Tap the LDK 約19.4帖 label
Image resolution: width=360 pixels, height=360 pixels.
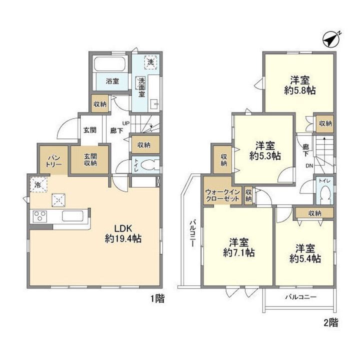coord(123,233)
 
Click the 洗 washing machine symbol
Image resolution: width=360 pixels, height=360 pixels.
coord(150,62)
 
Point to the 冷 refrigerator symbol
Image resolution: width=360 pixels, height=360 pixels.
coord(38,184)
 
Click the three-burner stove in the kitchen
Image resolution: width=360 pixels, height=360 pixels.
coord(40,216)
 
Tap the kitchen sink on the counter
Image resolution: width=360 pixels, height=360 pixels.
coord(72,216)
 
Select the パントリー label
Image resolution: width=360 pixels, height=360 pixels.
coord(54,161)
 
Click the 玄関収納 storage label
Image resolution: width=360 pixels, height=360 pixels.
coord(90,160)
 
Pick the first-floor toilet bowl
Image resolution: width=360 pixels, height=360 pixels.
coord(149,165)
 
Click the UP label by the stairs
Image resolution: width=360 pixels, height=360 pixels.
coord(126,123)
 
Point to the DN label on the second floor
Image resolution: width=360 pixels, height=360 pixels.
coord(309,166)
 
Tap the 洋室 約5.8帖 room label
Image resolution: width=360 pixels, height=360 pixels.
coord(300,85)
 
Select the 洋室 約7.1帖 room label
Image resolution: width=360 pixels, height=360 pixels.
coord(239,247)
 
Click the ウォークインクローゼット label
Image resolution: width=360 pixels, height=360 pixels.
coord(222,195)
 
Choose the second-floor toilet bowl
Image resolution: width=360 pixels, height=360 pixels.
coord(325,192)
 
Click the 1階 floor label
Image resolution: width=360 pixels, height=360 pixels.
coord(157,299)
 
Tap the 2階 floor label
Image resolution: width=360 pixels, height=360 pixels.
coord(331,323)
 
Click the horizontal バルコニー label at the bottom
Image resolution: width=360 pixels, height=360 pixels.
coord(301,297)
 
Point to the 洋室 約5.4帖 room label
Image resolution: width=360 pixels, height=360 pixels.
coord(305,253)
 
